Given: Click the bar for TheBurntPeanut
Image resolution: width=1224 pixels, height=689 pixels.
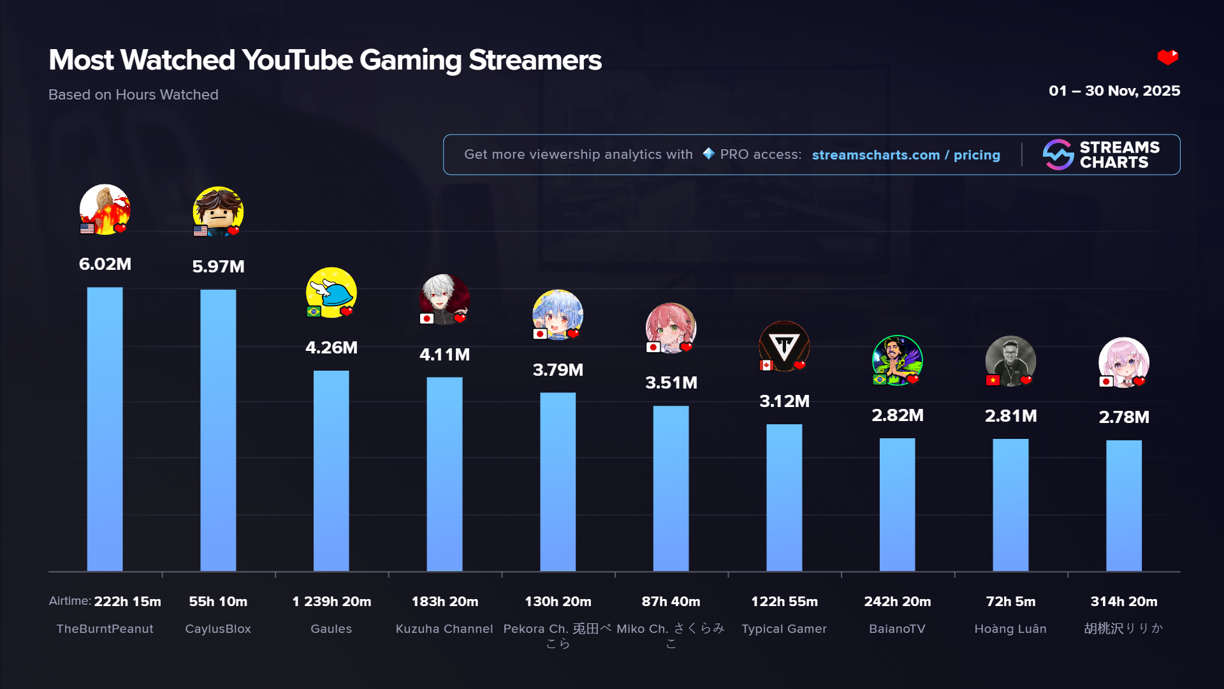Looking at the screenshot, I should (105, 429).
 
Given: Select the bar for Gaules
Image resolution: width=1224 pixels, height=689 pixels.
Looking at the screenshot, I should (331, 471).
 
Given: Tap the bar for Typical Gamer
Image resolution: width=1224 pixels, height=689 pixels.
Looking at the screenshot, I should (784, 498).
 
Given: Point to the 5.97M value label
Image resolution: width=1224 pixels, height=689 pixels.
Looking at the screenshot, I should (218, 267).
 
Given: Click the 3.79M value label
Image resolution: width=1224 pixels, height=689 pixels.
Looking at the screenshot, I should (558, 370).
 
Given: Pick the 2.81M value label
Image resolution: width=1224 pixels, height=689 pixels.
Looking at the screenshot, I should (1010, 416).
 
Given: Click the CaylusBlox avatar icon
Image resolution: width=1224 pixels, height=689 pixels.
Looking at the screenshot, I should (218, 211).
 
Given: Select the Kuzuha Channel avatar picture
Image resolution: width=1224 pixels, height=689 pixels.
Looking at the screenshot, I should (444, 299).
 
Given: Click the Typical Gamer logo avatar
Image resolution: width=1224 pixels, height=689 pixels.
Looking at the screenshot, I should (784, 346).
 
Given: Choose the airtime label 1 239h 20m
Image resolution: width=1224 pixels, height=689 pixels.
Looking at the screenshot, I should (331, 602).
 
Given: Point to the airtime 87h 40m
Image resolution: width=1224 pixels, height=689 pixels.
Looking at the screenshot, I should (671, 602).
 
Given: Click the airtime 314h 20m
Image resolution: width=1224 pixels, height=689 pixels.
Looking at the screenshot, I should (1123, 602).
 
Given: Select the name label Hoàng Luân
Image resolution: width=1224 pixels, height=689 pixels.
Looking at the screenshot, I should (1010, 629).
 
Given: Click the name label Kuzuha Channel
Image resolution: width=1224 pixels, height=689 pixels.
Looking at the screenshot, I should (444, 629).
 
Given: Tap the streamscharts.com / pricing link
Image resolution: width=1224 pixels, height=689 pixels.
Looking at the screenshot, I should (906, 155).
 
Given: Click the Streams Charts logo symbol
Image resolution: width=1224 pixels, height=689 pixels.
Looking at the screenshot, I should (1058, 154).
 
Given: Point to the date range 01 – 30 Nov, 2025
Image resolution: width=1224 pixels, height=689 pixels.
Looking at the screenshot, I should (1114, 91).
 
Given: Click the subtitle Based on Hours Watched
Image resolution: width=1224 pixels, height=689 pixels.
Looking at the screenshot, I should (133, 94).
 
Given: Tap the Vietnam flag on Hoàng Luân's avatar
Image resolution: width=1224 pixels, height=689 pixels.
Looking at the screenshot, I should (993, 381).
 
